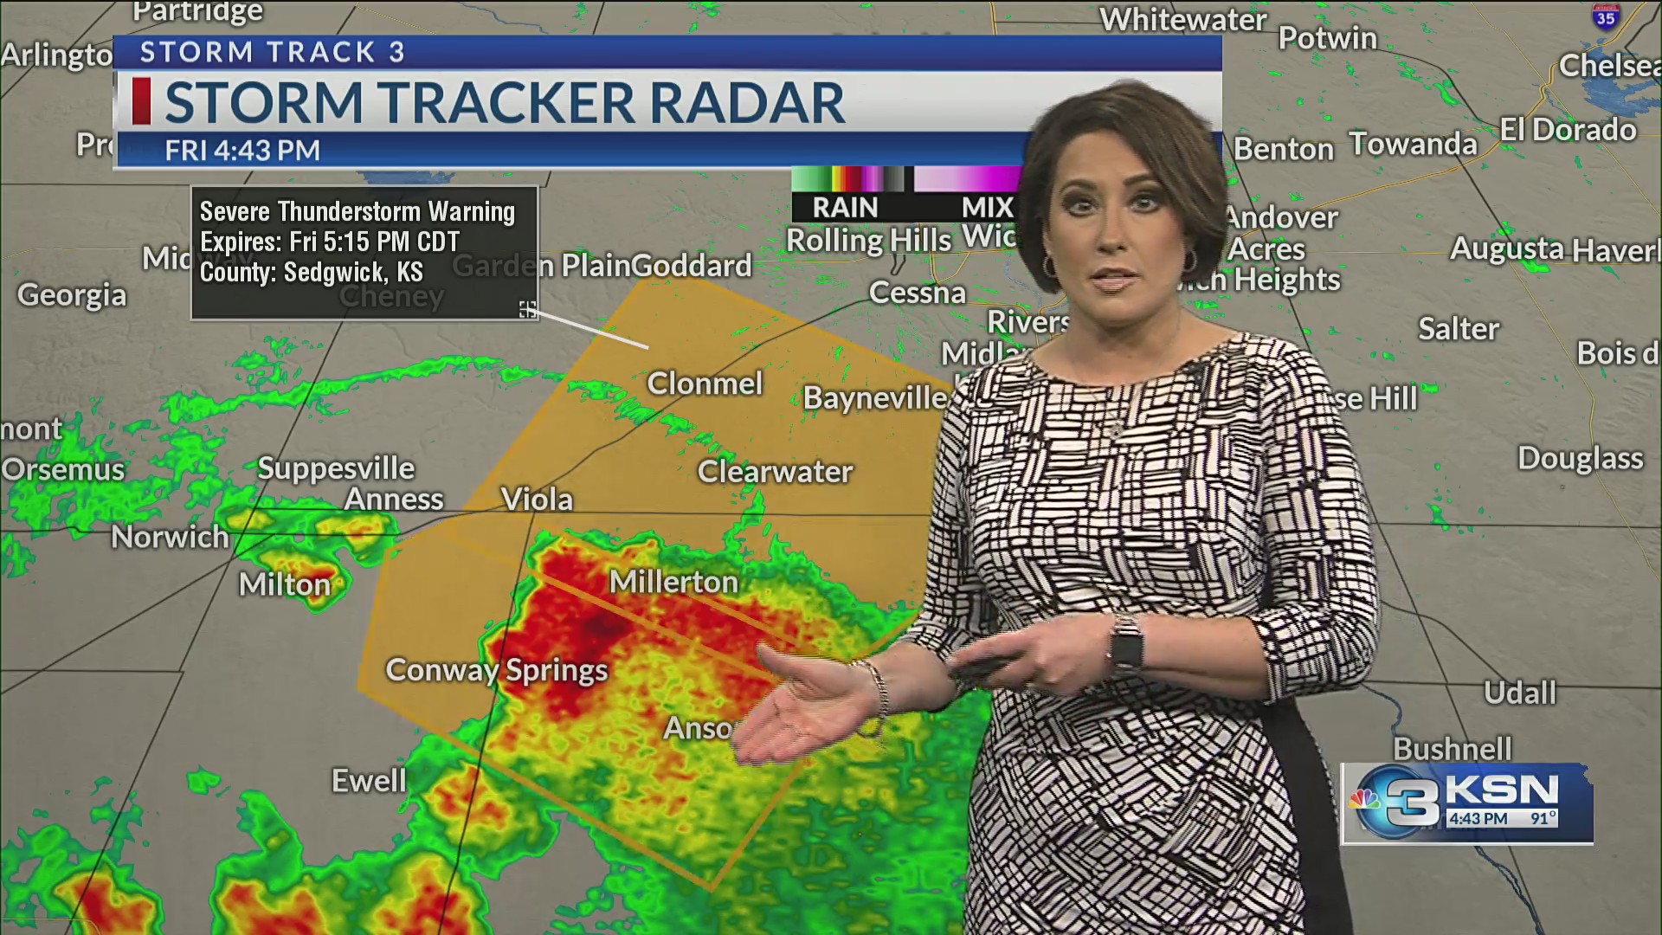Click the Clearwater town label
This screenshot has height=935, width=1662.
(x=775, y=472)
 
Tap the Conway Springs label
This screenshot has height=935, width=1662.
(x=496, y=670)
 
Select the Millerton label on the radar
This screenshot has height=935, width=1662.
(x=673, y=582)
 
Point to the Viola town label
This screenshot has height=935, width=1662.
(x=537, y=500)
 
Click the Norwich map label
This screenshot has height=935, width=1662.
(x=170, y=538)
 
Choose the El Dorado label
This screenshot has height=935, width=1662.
(x=1568, y=130)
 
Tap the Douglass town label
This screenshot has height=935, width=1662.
(x=1580, y=458)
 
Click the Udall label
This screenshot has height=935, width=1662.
(x=1519, y=693)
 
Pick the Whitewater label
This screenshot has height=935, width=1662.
(x=1182, y=20)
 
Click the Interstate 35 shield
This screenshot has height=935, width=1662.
(x=1606, y=16)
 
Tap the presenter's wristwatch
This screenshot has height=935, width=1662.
(x=1126, y=644)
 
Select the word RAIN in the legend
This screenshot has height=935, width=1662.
(x=845, y=208)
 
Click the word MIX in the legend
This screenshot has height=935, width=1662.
(x=987, y=208)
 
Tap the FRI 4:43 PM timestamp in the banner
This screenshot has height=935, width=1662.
(x=242, y=151)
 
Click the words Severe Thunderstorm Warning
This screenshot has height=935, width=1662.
(x=357, y=212)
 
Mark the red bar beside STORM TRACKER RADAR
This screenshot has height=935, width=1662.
(x=141, y=101)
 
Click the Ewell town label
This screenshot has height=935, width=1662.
(x=369, y=781)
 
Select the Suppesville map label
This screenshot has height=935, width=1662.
(x=336, y=468)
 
